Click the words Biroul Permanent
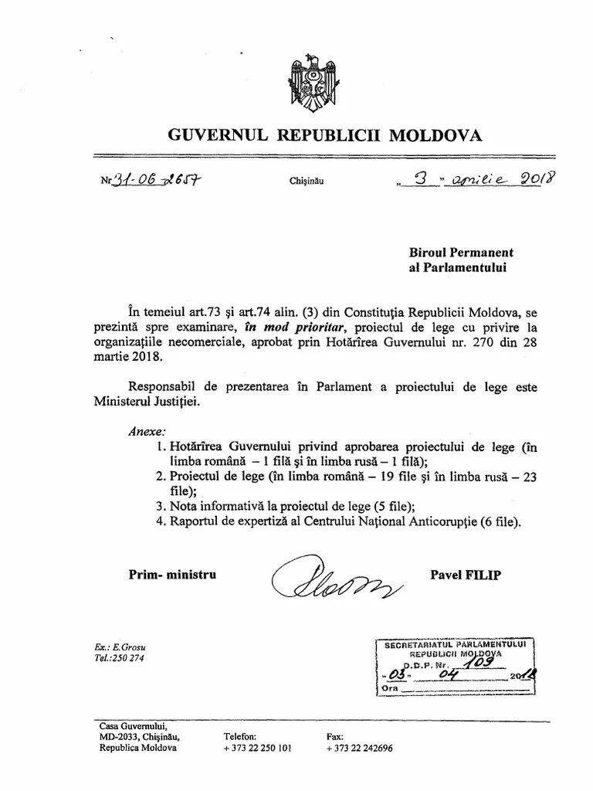pyautogui.click(x=461, y=253)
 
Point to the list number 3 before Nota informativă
pyautogui.click(x=159, y=506)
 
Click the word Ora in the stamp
pyautogui.click(x=389, y=688)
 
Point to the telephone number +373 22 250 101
pyautogui.click(x=257, y=749)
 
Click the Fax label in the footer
pyautogui.click(x=334, y=736)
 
